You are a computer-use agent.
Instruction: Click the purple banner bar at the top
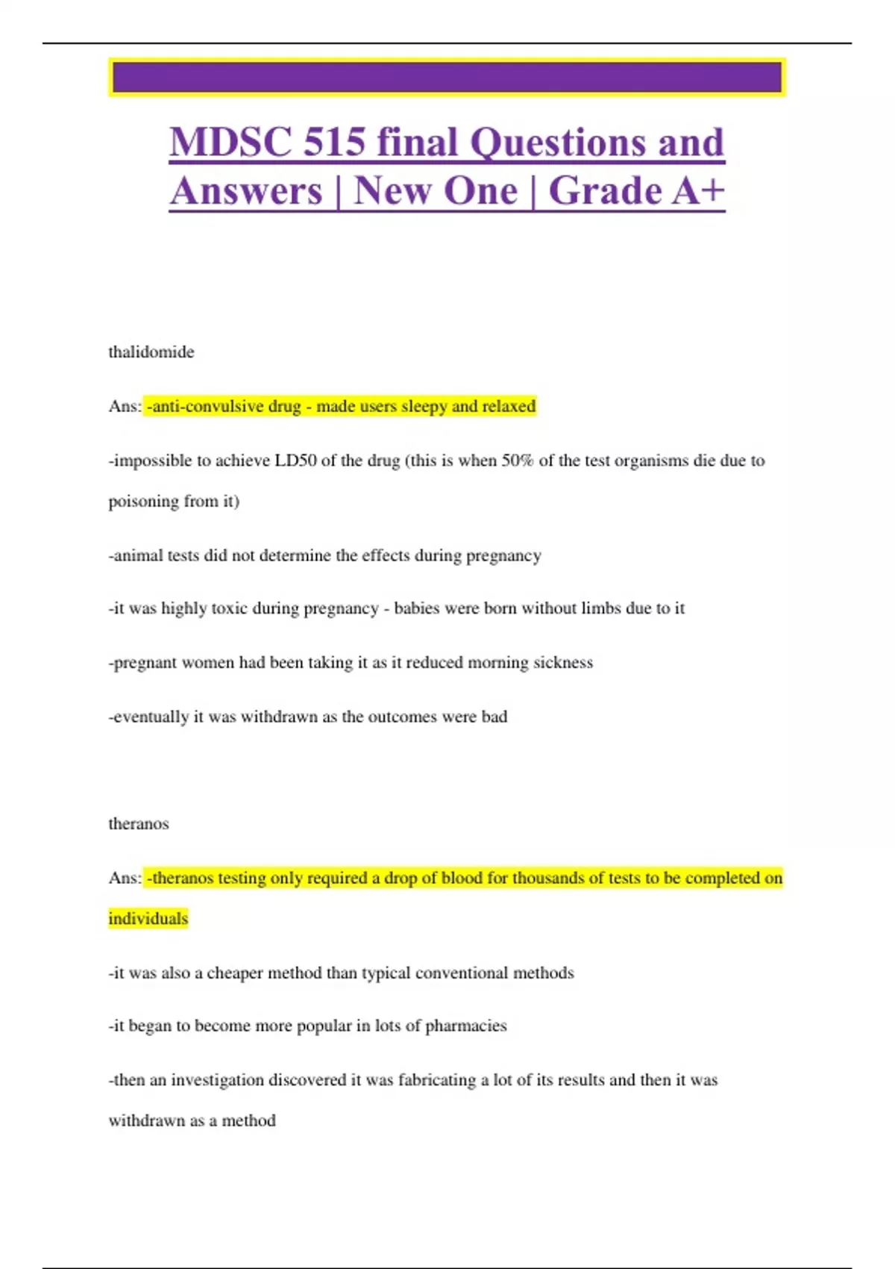click(447, 78)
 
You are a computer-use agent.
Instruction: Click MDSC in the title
click(230, 143)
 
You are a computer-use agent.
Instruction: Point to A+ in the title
click(697, 191)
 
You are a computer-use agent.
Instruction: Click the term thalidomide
click(151, 352)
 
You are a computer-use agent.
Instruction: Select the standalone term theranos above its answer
click(139, 824)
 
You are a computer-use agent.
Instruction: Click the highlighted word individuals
click(148, 919)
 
